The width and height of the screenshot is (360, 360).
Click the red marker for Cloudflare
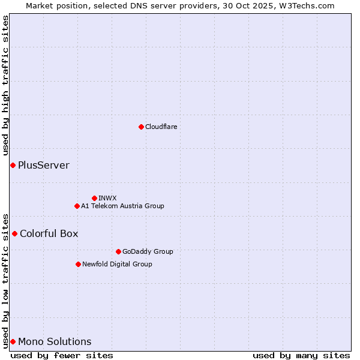(141, 127)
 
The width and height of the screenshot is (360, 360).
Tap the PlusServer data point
(13, 165)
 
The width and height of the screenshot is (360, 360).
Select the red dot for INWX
(94, 198)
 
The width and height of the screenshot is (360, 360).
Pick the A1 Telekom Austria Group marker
(77, 206)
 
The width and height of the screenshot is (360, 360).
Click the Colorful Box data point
(14, 233)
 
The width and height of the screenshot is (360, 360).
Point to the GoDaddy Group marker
(118, 251)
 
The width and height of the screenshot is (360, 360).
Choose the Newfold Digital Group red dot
(78, 264)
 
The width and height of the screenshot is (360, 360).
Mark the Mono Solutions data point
(13, 341)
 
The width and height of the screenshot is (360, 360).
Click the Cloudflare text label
(161, 127)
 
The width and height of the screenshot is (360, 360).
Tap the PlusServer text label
(44, 165)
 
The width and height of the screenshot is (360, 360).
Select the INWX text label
(107, 198)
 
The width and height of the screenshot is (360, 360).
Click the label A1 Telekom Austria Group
(122, 206)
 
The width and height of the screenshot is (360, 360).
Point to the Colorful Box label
(49, 233)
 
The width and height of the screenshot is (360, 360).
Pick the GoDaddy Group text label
(148, 251)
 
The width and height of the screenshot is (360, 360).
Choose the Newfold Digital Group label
(117, 264)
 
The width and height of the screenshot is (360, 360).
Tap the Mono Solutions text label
(55, 341)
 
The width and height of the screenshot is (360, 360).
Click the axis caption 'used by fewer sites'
(62, 355)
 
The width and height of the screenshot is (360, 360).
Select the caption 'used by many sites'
(301, 355)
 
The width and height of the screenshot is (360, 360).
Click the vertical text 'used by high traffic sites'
(6, 86)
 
